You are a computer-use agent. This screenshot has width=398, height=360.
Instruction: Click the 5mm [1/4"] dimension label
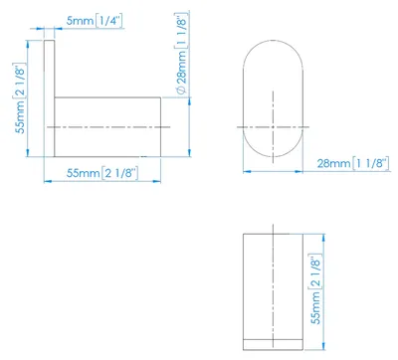tap(95, 21)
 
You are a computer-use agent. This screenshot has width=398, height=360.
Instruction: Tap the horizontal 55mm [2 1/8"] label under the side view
tap(102, 173)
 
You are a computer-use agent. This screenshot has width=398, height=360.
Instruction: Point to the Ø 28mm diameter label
tap(182, 54)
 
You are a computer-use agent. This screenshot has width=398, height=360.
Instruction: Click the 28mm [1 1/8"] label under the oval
tap(353, 163)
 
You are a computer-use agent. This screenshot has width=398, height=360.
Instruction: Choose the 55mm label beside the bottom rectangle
tap(316, 289)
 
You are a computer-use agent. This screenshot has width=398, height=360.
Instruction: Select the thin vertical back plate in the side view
tap(49, 98)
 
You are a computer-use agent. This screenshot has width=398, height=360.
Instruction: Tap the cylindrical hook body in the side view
tap(107, 127)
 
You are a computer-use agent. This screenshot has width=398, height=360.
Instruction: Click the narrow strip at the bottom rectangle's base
tap(273, 344)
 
